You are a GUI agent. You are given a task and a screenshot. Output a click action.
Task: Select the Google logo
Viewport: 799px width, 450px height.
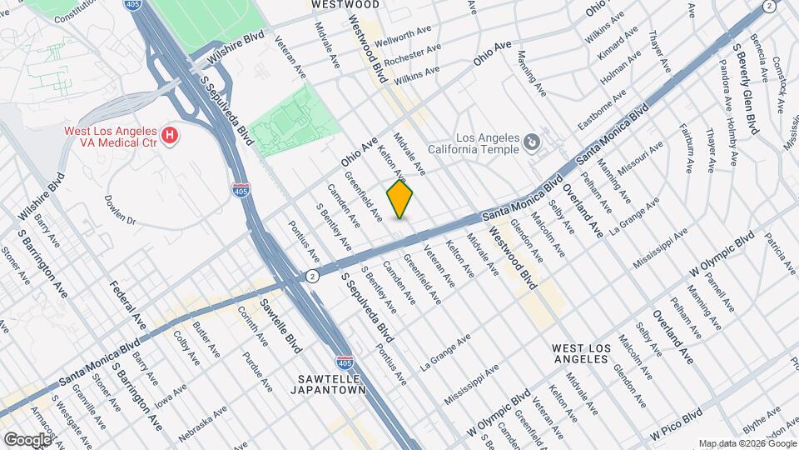pos(27,439)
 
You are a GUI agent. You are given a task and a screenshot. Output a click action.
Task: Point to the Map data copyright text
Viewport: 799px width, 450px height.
pos(747,442)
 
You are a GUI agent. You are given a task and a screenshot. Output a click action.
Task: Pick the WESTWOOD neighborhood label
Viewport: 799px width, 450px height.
pos(345,5)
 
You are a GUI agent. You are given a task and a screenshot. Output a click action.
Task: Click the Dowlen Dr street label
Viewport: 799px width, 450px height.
pos(120,210)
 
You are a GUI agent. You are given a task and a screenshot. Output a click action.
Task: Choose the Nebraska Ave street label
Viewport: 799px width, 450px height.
pos(202,424)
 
